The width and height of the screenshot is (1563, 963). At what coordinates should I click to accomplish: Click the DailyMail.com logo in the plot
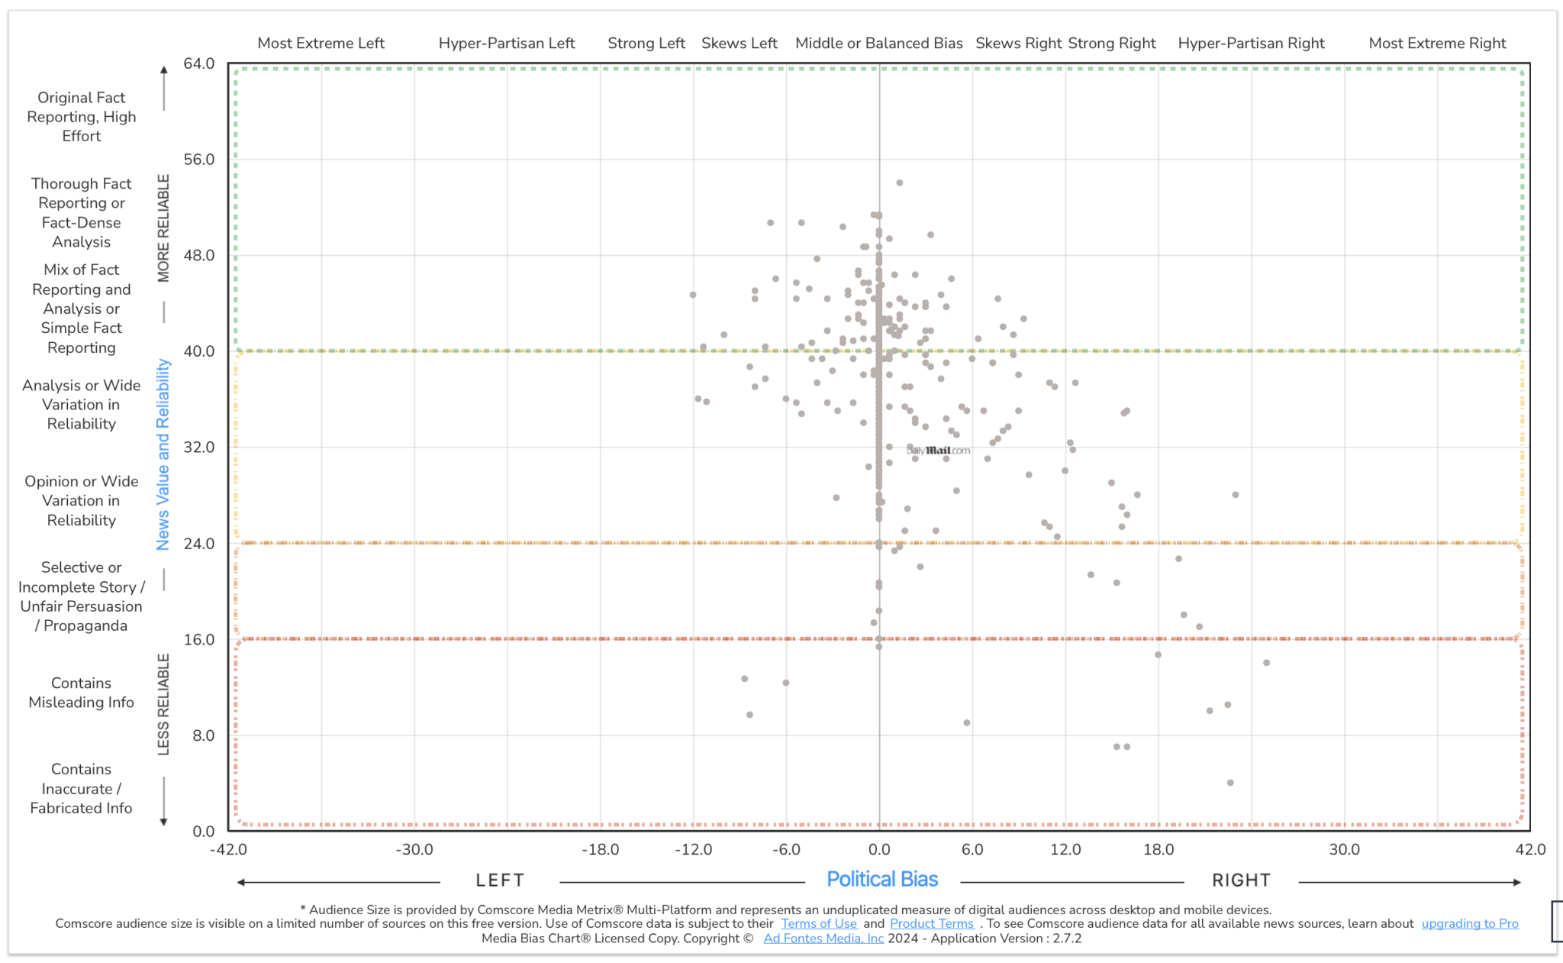pyautogui.click(x=938, y=451)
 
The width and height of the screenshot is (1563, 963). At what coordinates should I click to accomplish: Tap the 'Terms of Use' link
pyautogui.click(x=818, y=923)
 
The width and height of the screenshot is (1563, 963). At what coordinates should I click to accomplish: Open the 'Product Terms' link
pyautogui.click(x=931, y=923)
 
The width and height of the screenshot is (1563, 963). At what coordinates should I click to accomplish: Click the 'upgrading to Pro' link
pyautogui.click(x=1469, y=923)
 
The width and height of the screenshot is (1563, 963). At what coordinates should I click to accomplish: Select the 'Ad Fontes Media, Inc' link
pyautogui.click(x=823, y=939)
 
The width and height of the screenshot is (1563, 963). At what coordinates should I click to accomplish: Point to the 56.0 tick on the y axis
pyautogui.click(x=199, y=160)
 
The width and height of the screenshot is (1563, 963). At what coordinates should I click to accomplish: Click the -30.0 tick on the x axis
pyautogui.click(x=414, y=849)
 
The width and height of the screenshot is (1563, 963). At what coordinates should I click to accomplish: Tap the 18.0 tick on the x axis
pyautogui.click(x=1159, y=849)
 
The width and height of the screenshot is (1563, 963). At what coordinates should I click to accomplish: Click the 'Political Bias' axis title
pyautogui.click(x=882, y=880)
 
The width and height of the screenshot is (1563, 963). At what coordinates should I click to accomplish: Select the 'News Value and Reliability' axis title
pyautogui.click(x=163, y=454)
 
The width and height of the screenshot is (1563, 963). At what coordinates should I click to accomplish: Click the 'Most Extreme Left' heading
pyautogui.click(x=321, y=44)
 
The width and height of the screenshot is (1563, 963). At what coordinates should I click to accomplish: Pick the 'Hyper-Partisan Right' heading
pyautogui.click(x=1251, y=44)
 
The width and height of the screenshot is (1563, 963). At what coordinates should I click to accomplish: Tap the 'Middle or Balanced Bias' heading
pyautogui.click(x=879, y=44)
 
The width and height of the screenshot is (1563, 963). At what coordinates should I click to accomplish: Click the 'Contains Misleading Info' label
pyautogui.click(x=81, y=693)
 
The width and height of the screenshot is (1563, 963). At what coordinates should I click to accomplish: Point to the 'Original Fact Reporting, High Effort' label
pyautogui.click(x=81, y=117)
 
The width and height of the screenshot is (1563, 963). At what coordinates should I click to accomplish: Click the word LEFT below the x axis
pyautogui.click(x=500, y=881)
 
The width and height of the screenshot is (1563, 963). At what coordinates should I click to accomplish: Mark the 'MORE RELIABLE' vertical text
pyautogui.click(x=163, y=228)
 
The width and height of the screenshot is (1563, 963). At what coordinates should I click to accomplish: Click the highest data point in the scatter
pyautogui.click(x=900, y=183)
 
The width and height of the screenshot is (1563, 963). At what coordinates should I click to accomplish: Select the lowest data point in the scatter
pyautogui.click(x=1230, y=783)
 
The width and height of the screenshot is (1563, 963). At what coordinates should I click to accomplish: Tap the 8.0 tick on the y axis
pyautogui.click(x=203, y=735)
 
